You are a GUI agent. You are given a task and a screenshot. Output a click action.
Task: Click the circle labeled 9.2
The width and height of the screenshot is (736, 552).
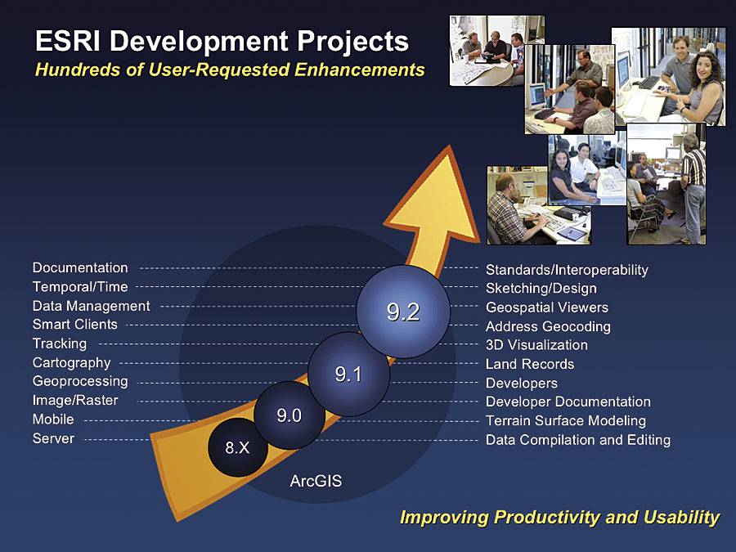pos(402,312)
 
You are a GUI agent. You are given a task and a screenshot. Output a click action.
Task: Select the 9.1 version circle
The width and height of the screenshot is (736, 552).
pos(348,374)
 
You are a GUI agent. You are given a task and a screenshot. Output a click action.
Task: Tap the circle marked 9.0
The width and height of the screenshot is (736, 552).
pos(289,415)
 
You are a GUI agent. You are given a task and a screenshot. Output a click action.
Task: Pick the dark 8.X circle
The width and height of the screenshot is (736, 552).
pos(237,447)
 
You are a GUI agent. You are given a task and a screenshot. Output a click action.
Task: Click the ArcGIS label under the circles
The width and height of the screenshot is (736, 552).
pos(316,481)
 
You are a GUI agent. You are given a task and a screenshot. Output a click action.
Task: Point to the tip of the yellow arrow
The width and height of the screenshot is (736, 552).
pos(449,146)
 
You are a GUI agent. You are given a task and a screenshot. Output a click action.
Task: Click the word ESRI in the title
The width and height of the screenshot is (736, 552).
pos(68,41)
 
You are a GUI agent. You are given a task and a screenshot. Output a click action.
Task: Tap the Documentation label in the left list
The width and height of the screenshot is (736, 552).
pos(80,267)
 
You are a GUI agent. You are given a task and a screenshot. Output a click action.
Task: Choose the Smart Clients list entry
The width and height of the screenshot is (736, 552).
pos(75,325)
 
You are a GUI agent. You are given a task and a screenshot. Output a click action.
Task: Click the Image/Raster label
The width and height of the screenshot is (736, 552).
pos(75,401)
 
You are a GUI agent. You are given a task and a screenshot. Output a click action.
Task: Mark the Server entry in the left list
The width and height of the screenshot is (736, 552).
pos(53,438)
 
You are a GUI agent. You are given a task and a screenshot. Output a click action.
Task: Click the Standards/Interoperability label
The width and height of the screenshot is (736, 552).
pos(567,270)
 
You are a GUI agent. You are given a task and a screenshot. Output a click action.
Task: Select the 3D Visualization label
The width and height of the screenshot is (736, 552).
pos(536,345)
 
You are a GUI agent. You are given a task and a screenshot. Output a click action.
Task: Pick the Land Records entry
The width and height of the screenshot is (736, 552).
pos(530,364)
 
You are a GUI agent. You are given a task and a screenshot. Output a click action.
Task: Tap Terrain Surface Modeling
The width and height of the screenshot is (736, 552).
pos(566,421)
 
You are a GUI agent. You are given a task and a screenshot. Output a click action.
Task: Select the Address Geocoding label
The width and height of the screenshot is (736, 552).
pos(548,326)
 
